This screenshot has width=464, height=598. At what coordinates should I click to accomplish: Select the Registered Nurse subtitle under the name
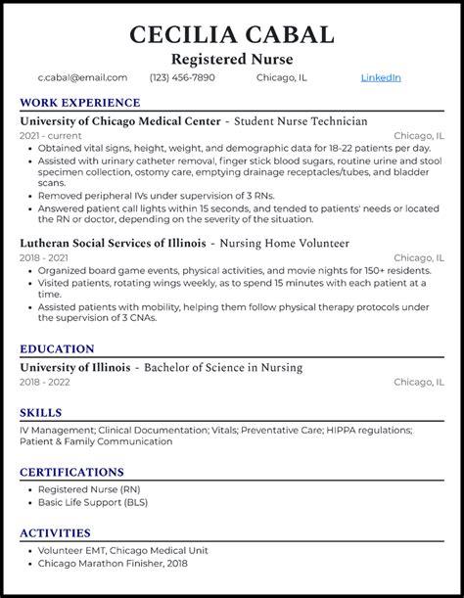[x=231, y=59]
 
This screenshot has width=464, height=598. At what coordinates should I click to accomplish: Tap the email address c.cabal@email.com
[x=82, y=77]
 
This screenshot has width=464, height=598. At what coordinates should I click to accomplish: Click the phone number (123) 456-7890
[x=183, y=77]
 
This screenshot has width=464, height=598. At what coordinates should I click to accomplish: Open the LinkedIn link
[x=381, y=77]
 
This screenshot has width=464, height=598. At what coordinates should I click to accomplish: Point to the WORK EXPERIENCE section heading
[x=79, y=102]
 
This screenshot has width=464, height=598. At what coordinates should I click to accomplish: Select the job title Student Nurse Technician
[x=300, y=121]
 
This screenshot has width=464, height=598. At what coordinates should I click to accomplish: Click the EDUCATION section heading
[x=57, y=348]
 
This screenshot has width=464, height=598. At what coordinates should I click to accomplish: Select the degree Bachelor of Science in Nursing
[x=223, y=367]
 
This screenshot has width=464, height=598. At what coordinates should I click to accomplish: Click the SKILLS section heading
[x=40, y=412]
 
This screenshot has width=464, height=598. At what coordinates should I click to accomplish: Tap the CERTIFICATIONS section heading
[x=73, y=472]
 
